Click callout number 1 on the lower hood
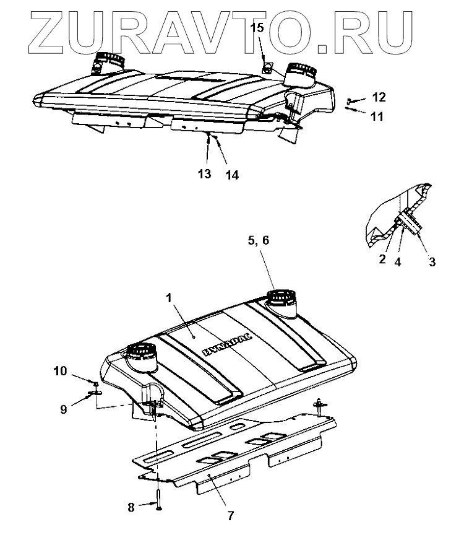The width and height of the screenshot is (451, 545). coord(168,299)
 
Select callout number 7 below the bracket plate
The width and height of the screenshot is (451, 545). coord(230,515)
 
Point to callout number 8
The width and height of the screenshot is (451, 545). coord(131,507)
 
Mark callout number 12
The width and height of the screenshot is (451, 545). coord(379,97)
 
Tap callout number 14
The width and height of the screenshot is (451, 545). coord(231,175)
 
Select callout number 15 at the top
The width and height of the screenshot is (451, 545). coord(260,28)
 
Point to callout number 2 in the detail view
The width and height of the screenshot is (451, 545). coord(383,258)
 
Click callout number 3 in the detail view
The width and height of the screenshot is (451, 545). coord(432,262)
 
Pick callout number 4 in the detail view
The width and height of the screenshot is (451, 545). coord(398,262)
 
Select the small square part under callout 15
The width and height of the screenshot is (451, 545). coord(266,66)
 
